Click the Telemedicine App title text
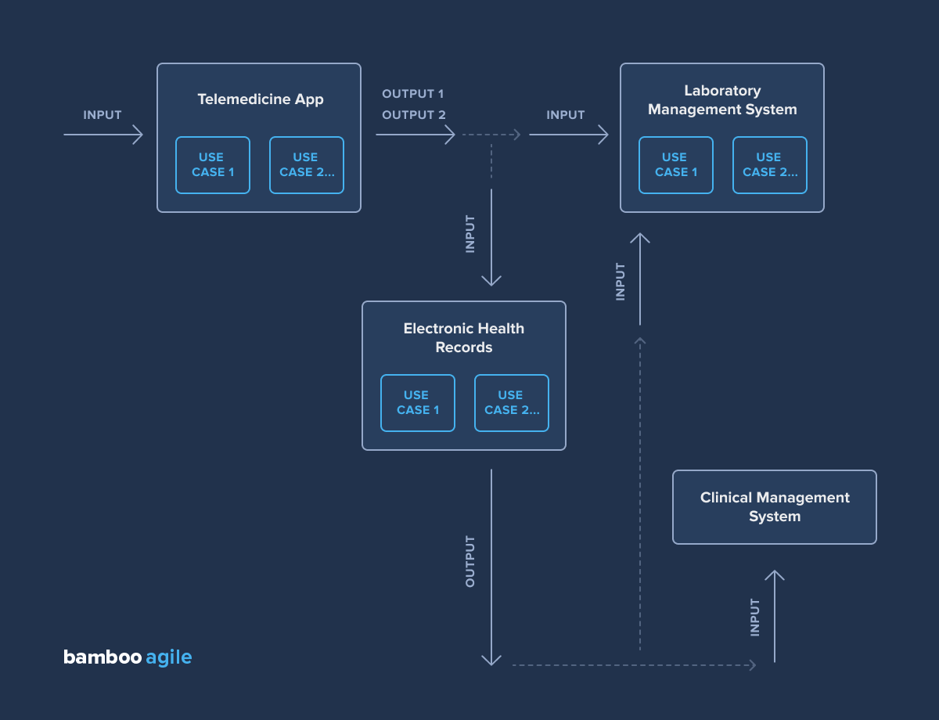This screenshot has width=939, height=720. point(260,99)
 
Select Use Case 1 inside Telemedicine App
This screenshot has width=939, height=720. point(213,165)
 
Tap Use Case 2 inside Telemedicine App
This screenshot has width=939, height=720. point(307,165)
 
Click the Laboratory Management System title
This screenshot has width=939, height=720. point(722,100)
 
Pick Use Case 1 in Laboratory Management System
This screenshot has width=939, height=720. point(676,165)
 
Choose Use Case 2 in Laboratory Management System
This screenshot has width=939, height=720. point(770,165)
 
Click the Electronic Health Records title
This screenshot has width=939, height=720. point(464,338)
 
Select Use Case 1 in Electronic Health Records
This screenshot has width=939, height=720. point(418,403)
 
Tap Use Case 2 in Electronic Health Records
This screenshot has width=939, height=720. point(512,403)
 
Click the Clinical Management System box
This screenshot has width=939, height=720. point(775,507)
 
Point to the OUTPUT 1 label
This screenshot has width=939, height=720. point(412,94)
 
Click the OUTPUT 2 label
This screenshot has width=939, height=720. point(413,115)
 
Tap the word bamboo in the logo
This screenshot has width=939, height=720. point(103,657)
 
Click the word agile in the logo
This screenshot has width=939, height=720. point(169,657)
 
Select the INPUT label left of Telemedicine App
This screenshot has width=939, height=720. point(103,115)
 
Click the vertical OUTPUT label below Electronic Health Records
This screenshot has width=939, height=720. point(470,561)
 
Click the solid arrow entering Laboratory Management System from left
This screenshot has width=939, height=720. point(568,135)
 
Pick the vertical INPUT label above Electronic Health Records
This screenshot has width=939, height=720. point(470,233)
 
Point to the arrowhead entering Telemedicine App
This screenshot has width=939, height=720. point(139,135)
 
